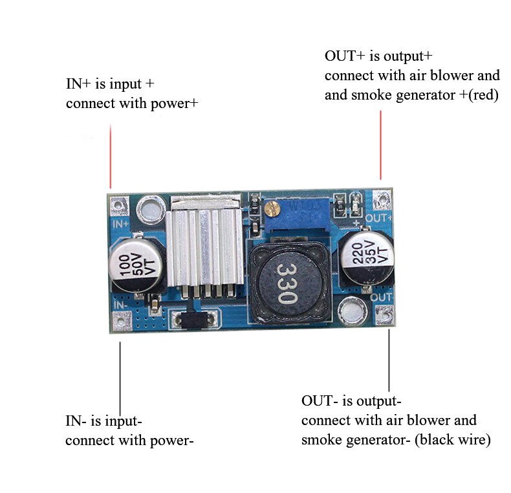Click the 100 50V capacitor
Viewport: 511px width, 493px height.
click(x=135, y=266)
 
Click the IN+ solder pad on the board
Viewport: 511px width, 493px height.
click(x=118, y=205)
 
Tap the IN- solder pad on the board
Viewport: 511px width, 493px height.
click(x=120, y=320)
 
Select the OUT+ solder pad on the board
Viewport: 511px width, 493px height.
click(x=383, y=198)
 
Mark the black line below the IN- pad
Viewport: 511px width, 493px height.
click(x=120, y=375)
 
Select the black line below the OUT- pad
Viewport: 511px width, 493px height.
click(x=389, y=360)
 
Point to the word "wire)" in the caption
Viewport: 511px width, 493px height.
click(x=473, y=440)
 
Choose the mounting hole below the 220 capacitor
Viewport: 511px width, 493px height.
click(x=352, y=311)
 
